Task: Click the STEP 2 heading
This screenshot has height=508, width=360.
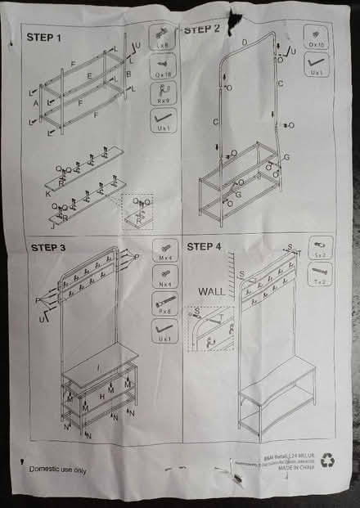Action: (202, 29)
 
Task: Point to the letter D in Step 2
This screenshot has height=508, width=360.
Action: (245, 42)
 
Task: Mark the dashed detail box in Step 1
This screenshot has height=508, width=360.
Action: (137, 208)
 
